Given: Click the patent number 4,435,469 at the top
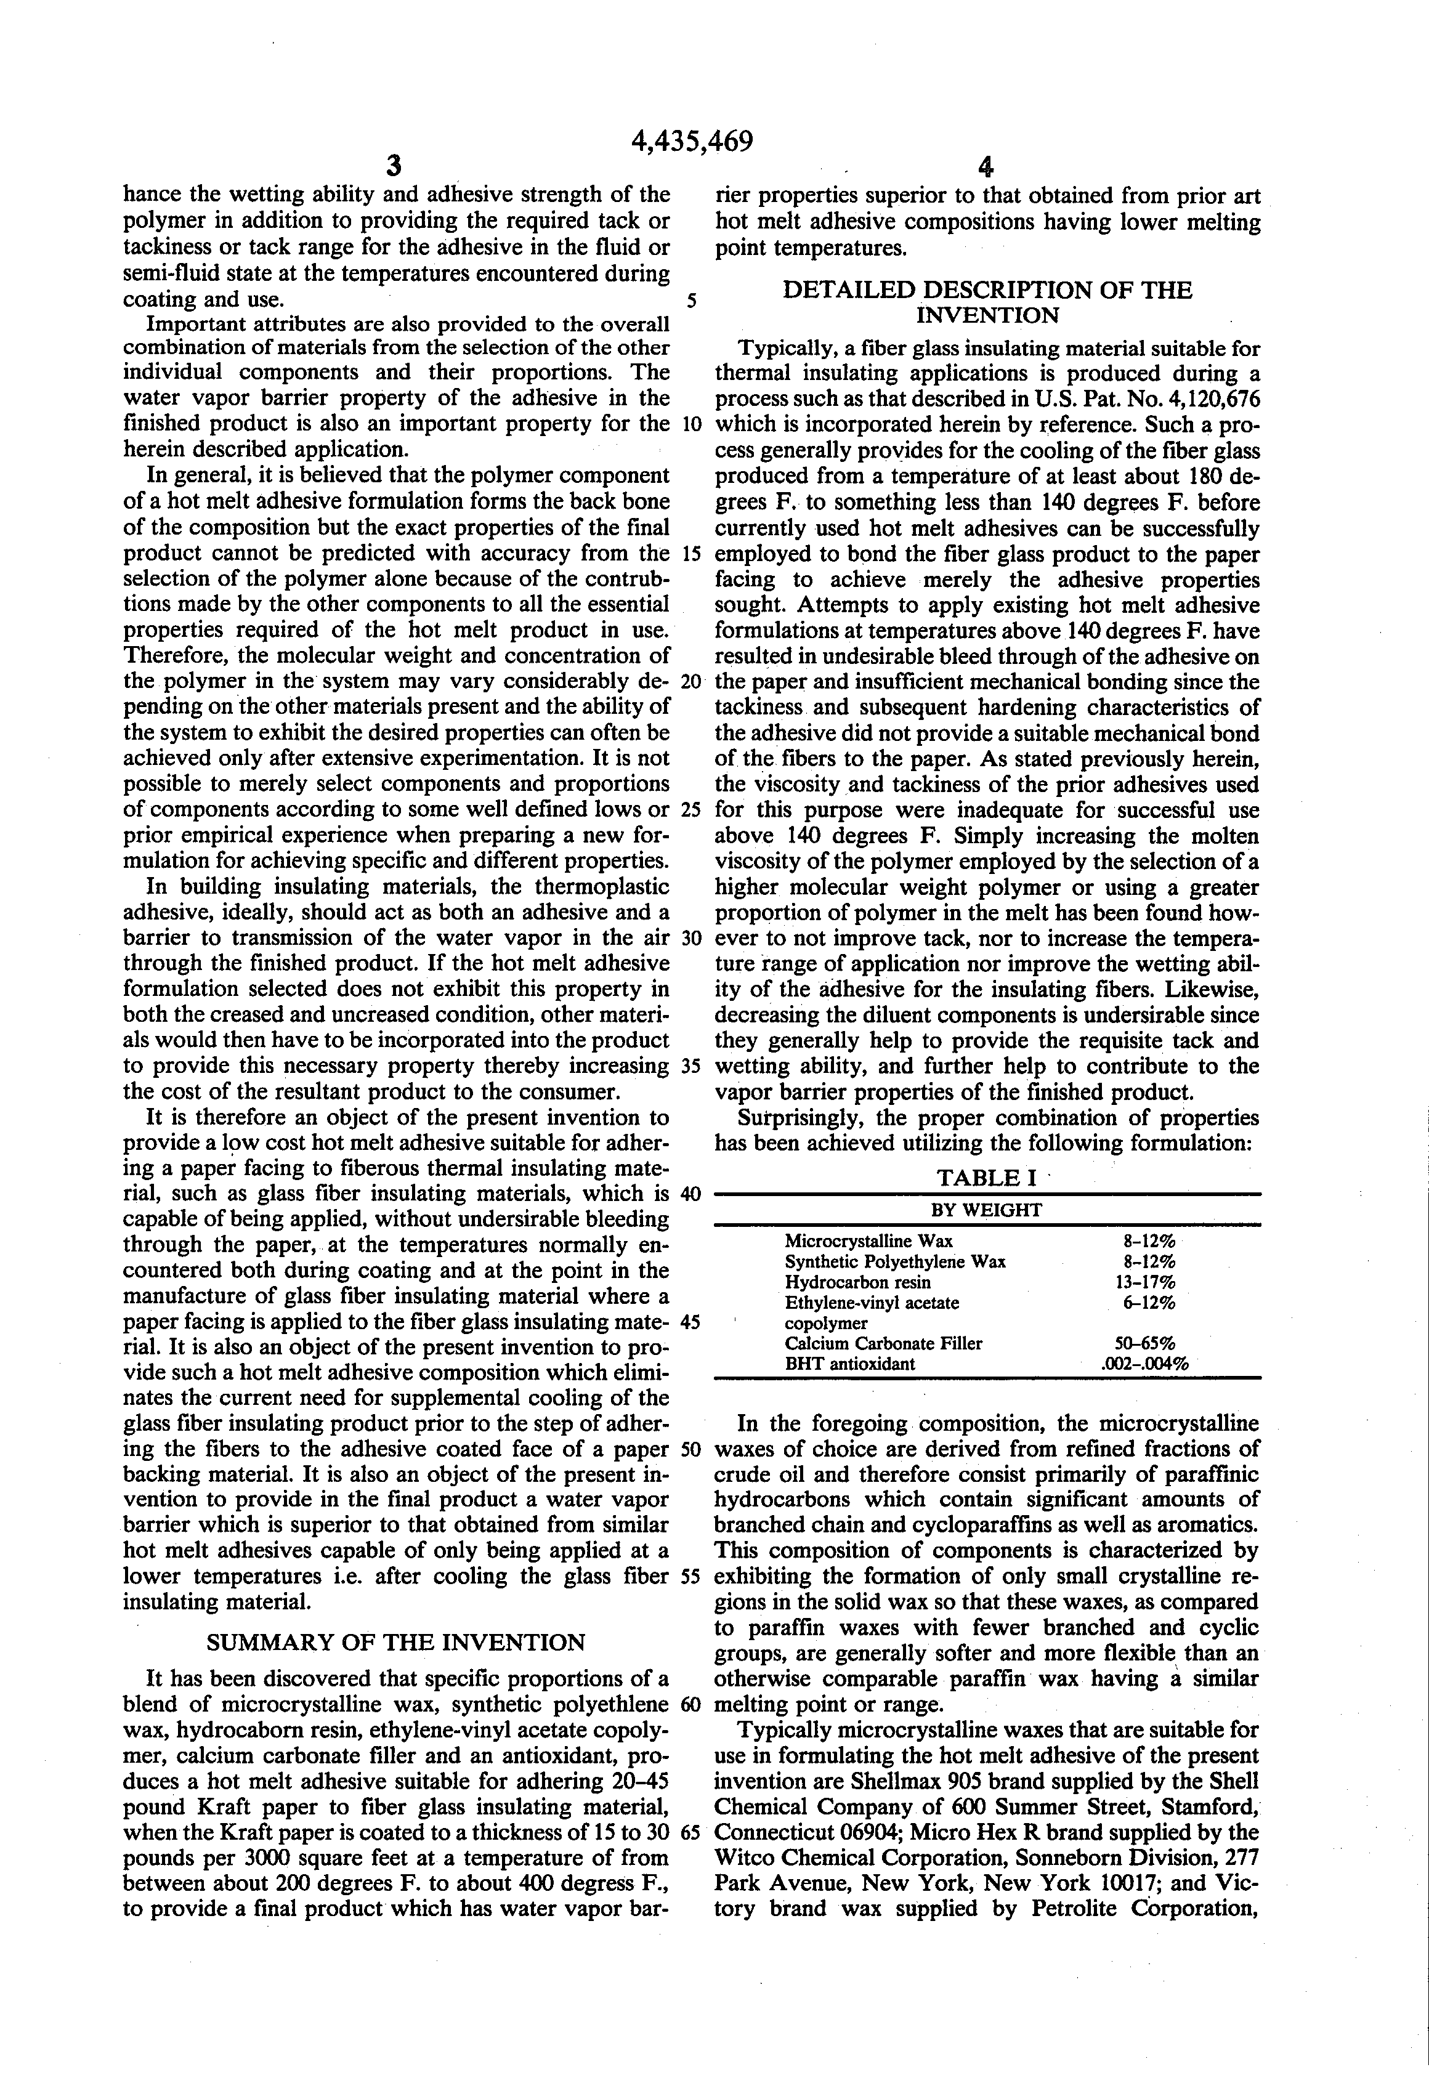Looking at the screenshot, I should (692, 142).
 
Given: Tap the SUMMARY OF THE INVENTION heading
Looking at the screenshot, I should (395, 1642).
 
